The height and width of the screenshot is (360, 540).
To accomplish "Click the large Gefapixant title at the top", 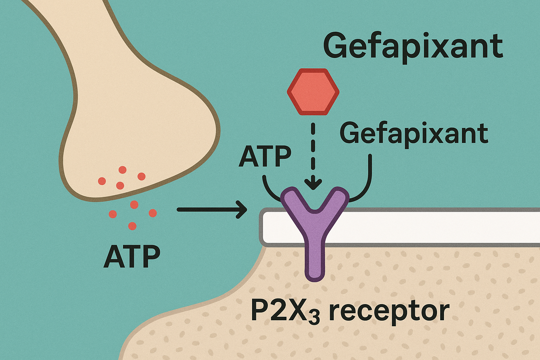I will (413, 46).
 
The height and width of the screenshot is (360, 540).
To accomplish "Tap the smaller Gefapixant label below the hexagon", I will (414, 134).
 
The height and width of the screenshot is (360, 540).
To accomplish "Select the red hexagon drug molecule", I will (313, 92).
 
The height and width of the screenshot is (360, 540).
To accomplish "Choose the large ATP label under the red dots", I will (132, 257).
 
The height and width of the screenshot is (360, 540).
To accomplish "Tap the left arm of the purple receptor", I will (294, 200).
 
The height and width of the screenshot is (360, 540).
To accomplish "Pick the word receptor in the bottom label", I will (389, 311).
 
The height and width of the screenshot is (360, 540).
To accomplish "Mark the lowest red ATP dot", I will (132, 226).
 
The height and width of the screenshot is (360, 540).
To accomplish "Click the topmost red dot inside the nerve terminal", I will (122, 170).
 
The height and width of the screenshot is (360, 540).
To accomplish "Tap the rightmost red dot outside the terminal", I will (153, 213).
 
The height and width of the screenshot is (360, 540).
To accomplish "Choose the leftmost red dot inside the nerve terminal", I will (102, 181).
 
